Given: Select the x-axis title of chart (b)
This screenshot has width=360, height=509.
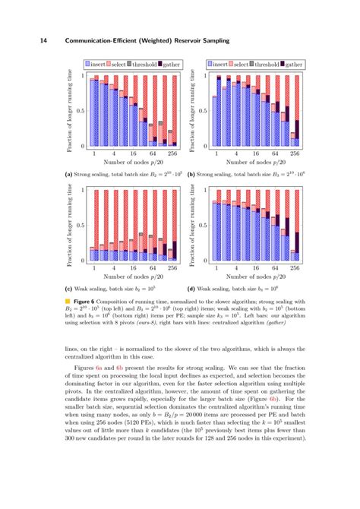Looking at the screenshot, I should (x=255, y=162).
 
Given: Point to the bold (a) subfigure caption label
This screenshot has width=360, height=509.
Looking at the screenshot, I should (x=68, y=173).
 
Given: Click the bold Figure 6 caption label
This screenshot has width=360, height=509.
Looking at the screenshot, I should (x=87, y=302).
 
